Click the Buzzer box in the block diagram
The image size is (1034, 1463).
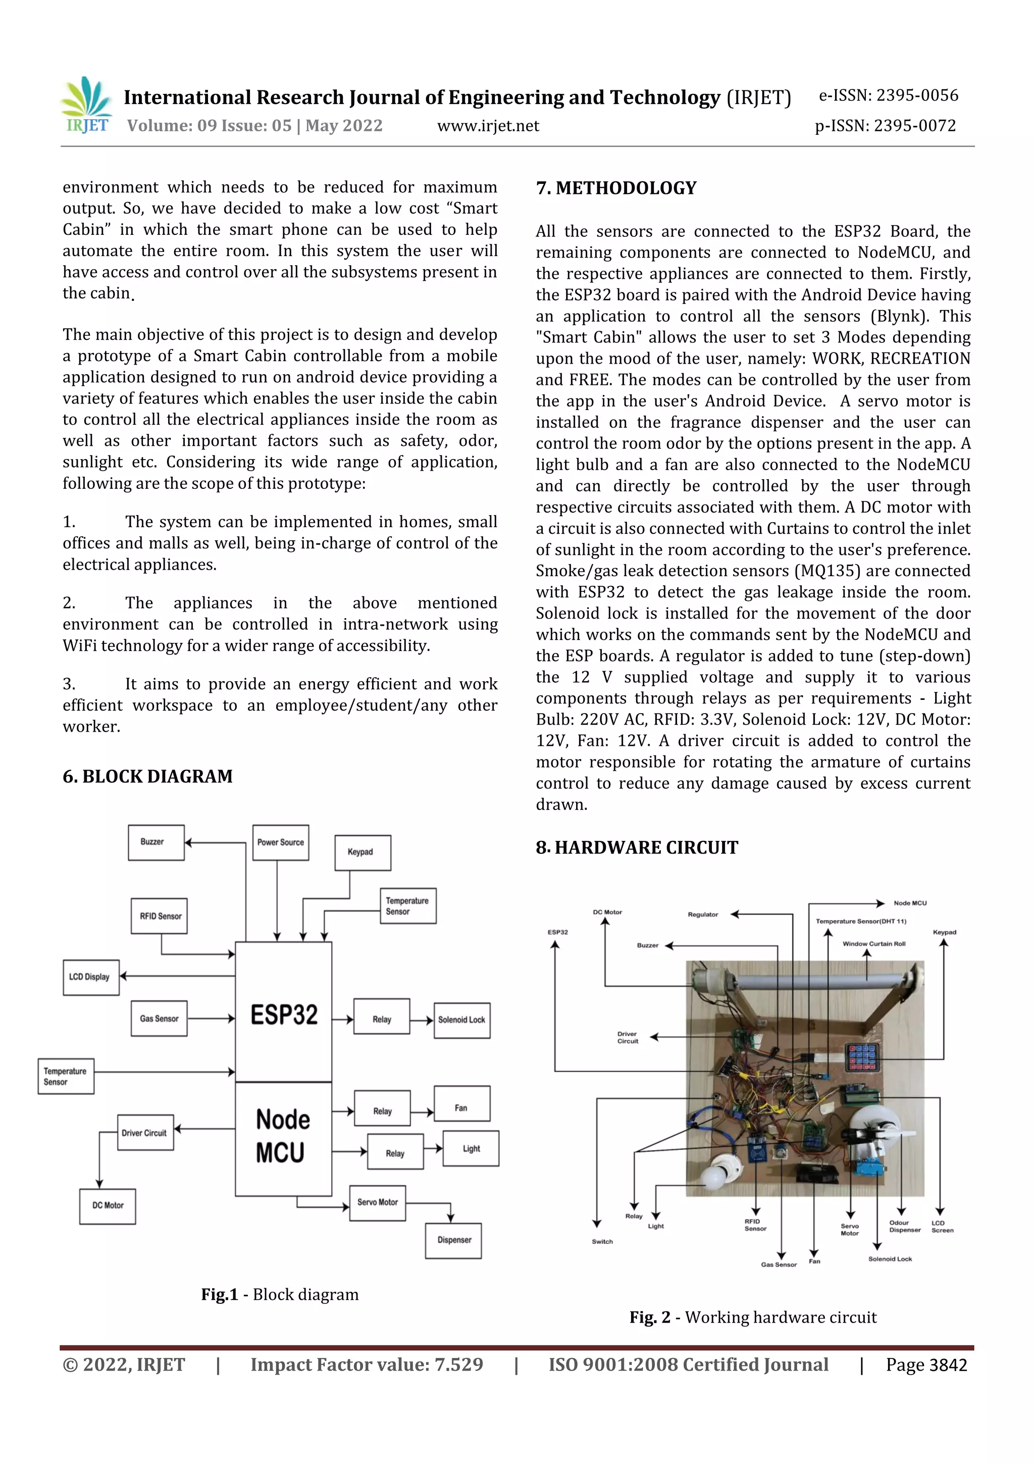tap(156, 842)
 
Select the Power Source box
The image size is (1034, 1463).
tap(280, 842)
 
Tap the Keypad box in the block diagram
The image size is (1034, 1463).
tap(363, 852)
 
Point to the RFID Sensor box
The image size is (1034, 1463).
tap(159, 916)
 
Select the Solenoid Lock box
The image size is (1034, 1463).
tap(462, 1020)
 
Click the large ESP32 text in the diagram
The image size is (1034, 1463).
tap(284, 1015)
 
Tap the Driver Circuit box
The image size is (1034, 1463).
tap(145, 1133)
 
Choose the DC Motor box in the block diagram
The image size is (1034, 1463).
tap(108, 1206)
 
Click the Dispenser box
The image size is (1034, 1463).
tap(453, 1241)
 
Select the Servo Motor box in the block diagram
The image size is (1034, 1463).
tap(377, 1203)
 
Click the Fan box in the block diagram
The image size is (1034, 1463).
tap(462, 1108)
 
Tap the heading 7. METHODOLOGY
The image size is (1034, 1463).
tap(616, 188)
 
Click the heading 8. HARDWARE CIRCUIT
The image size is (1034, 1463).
tap(637, 847)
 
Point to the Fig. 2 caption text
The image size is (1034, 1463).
tap(753, 1318)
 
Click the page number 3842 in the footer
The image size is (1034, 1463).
tap(948, 1365)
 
